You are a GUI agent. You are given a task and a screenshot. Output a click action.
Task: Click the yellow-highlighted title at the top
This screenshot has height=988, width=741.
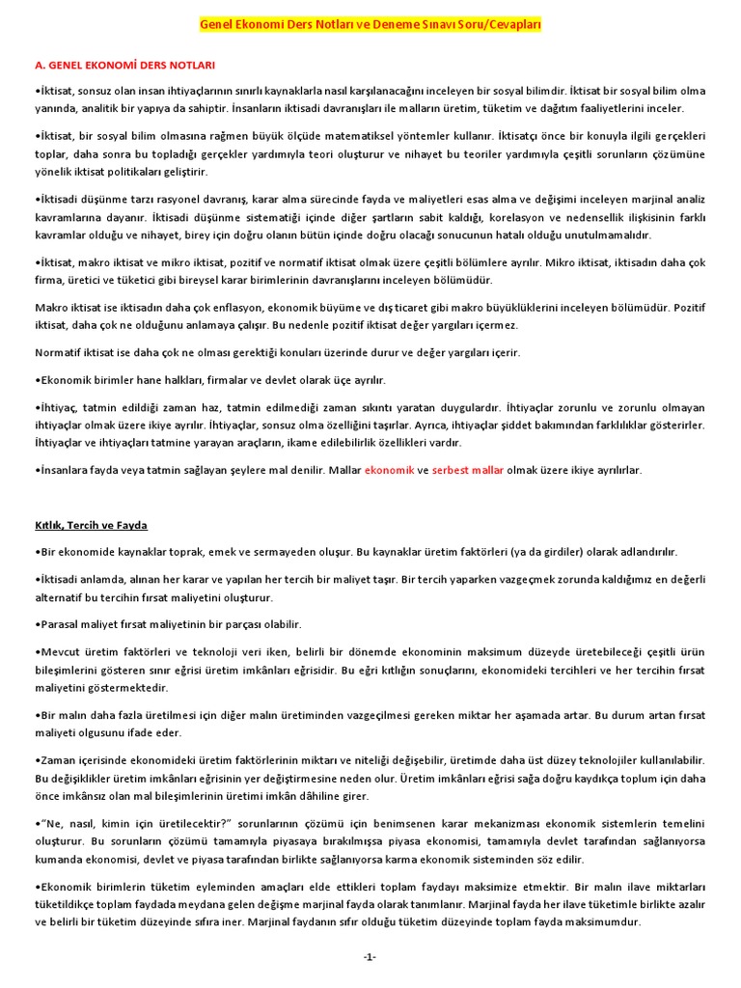pyautogui.click(x=370, y=24)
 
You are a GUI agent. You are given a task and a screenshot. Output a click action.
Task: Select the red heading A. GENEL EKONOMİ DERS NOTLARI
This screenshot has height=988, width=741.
pyautogui.click(x=124, y=65)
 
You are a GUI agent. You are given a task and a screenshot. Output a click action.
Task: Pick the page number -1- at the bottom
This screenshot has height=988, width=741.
pyautogui.click(x=370, y=956)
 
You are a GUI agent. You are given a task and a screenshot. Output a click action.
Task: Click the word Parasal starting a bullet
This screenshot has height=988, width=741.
pyautogui.click(x=61, y=624)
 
